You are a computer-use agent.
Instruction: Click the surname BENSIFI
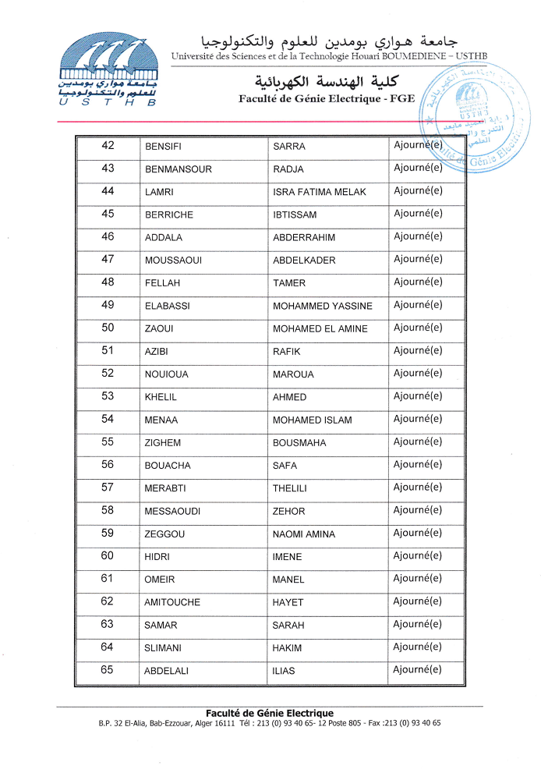coord(163,147)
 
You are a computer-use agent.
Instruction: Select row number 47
coord(108,260)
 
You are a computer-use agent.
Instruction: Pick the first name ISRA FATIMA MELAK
coord(319,192)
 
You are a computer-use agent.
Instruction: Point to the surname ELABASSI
coord(167,306)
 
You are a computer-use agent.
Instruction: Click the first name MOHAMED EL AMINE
coord(320,328)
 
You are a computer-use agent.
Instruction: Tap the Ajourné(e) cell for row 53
coord(418,396)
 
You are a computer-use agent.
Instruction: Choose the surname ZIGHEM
coord(162,443)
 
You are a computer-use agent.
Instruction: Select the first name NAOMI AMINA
coord(304,534)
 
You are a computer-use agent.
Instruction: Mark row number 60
coord(108,556)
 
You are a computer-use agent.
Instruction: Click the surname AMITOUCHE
coord(171,602)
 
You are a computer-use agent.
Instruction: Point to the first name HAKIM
coord(287,648)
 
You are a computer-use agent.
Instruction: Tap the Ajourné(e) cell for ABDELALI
coord(418,670)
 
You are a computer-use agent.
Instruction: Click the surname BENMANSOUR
coord(178,169)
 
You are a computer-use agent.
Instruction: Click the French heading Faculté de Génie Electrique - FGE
coord(327,99)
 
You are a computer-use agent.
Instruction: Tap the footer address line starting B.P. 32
coord(269,723)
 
